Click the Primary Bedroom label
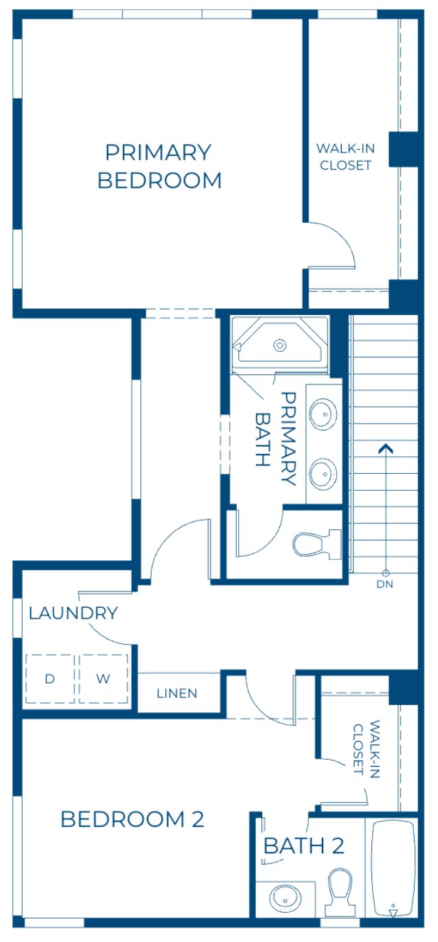click(x=159, y=167)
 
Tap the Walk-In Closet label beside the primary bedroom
click(x=345, y=157)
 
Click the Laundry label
click(x=73, y=614)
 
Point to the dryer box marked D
click(x=50, y=679)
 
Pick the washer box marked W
click(x=103, y=679)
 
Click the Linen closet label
click(x=177, y=693)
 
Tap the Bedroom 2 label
click(x=133, y=819)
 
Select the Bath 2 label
click(x=304, y=846)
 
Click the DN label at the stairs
click(x=386, y=584)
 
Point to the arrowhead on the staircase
click(x=386, y=448)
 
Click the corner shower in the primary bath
click(x=281, y=345)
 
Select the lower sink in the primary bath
click(x=323, y=471)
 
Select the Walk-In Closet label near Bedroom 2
click(x=366, y=749)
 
